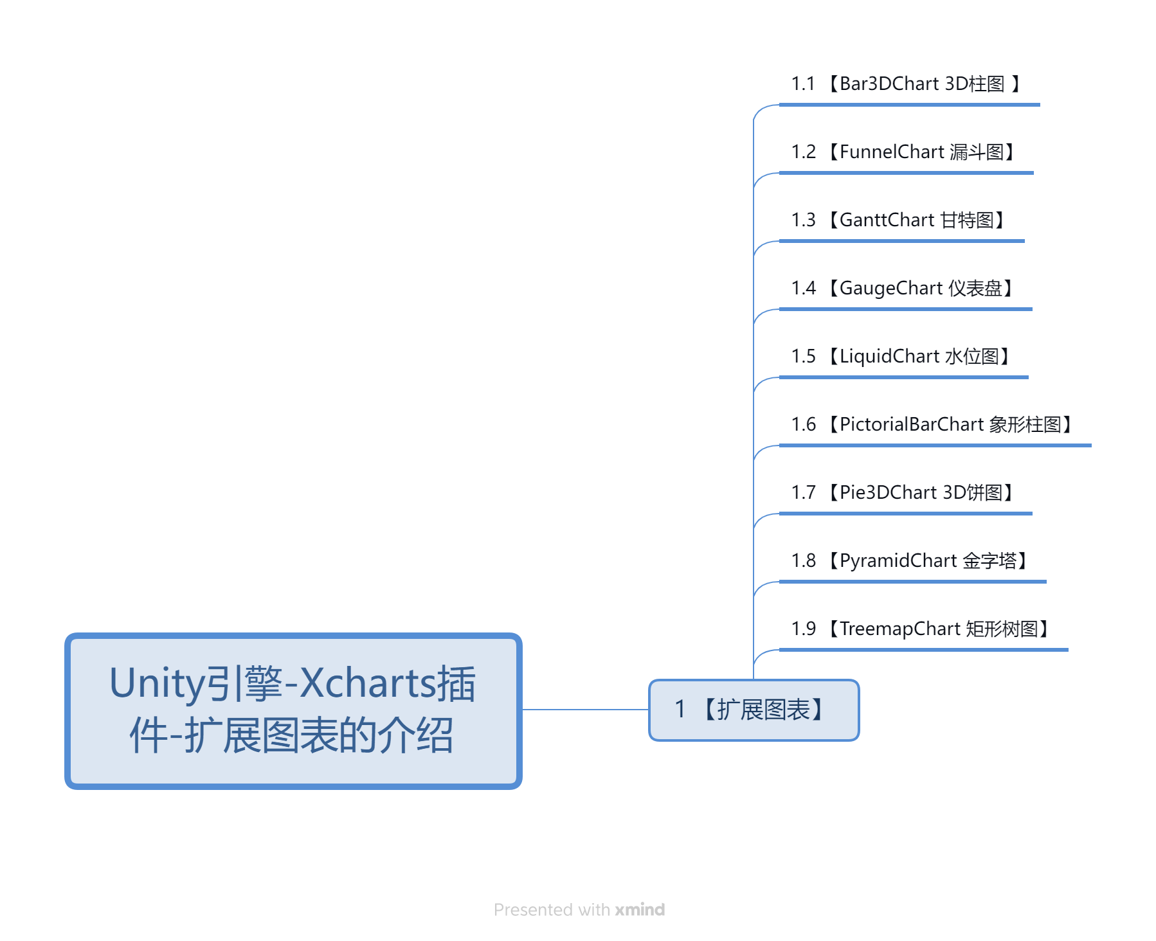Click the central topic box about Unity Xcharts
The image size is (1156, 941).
click(x=293, y=711)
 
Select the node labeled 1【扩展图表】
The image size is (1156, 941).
click(x=754, y=710)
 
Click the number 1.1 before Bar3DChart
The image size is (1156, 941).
click(x=803, y=84)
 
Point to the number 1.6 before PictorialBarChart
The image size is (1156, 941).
click(x=803, y=424)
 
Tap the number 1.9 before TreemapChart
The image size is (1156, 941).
click(x=803, y=629)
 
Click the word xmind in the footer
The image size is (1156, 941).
click(x=640, y=910)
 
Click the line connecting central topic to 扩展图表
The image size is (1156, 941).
click(x=585, y=710)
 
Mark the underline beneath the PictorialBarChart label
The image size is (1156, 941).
click(x=935, y=445)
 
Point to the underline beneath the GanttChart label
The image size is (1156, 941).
click(x=902, y=241)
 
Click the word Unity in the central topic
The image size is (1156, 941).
click(x=152, y=684)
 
